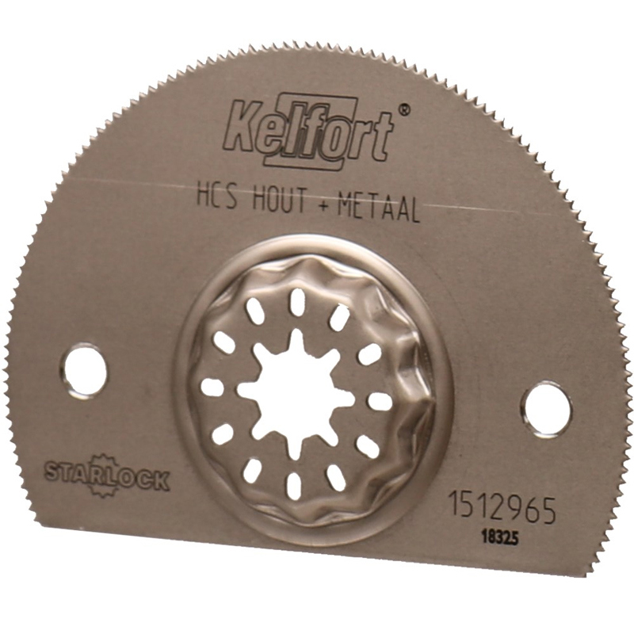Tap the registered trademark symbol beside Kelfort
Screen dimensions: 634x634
click(x=403, y=112)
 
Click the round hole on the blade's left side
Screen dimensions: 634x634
click(x=82, y=370)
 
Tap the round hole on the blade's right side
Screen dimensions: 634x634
click(x=545, y=408)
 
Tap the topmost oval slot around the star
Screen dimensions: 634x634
click(x=297, y=300)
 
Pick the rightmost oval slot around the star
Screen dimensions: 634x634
click(x=380, y=401)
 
